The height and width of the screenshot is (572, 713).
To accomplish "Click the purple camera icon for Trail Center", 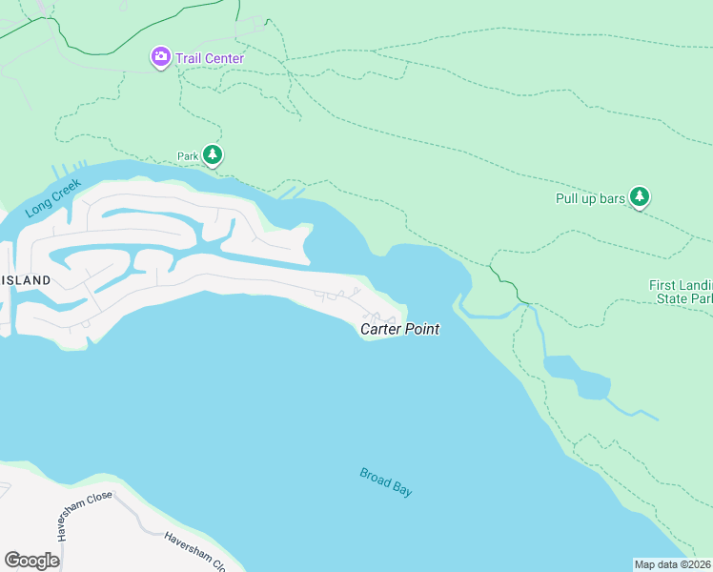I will pos(160,57).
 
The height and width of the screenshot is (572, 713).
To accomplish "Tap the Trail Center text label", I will pos(209,58).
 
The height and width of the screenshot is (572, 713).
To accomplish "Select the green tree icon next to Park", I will pos(213,154).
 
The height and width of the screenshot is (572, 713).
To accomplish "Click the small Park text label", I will pos(187,155).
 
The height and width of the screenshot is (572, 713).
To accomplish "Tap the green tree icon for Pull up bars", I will pos(641,196).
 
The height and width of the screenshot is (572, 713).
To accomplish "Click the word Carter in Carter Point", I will pos(380,329).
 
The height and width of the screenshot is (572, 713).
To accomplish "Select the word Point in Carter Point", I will pos(421,329).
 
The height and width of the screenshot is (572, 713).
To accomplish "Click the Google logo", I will pos(32,560).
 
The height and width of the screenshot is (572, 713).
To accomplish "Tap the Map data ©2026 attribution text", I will pos(672,563).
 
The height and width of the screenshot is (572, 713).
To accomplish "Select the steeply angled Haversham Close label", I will pos(86,516).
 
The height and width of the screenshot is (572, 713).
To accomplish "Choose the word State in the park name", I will pos(674,299).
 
